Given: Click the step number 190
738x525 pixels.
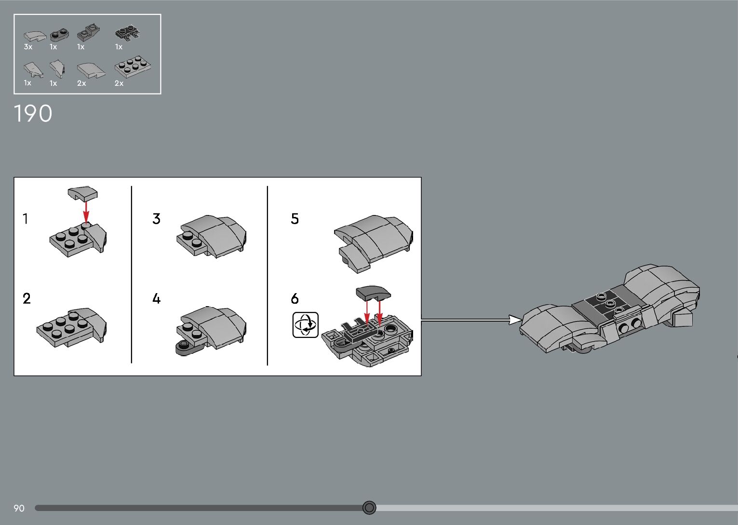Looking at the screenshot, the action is (x=33, y=114).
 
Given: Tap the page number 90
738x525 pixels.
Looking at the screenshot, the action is (x=19, y=508).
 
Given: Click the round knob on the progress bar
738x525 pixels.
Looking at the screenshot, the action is (x=369, y=508).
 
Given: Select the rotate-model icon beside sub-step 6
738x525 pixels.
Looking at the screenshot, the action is (x=306, y=325).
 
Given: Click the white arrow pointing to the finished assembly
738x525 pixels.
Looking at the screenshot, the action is (x=471, y=320).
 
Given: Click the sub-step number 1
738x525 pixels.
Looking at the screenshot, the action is (x=26, y=218).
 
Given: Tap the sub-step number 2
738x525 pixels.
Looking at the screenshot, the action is (x=27, y=298).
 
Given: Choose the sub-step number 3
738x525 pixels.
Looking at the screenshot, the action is (x=157, y=218).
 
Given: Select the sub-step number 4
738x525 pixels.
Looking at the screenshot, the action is (x=157, y=298).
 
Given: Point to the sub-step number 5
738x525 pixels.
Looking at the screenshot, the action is (x=295, y=218).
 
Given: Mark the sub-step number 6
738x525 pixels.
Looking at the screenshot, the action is (x=295, y=298).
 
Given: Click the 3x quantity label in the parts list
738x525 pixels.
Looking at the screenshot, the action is (x=28, y=47).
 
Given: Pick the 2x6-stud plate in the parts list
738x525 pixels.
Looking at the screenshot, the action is (x=133, y=67).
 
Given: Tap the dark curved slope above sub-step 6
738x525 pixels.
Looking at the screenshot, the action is (x=373, y=293).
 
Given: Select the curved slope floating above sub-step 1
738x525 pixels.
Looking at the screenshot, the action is (x=82, y=193).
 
